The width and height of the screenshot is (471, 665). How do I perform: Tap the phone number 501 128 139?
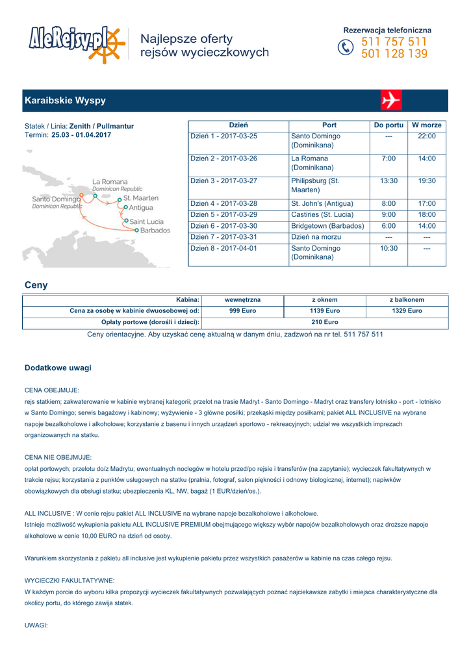click(394, 54)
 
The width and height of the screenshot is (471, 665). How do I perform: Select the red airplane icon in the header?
click(391, 101)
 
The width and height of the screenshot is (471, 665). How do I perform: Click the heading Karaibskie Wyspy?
click(65, 101)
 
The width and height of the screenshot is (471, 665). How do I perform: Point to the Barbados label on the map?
click(155, 231)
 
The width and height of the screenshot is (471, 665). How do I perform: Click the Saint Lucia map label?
click(146, 222)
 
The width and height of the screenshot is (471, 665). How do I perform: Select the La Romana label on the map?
click(110, 182)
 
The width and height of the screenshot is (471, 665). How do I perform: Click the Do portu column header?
click(388, 125)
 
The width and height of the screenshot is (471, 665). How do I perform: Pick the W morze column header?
click(427, 125)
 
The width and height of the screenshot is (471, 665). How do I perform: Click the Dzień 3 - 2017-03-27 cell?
click(223, 181)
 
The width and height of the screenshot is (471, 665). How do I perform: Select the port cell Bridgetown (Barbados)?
click(327, 226)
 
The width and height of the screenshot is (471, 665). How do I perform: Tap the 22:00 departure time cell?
click(427, 136)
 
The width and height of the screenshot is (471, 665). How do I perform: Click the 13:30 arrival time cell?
click(388, 181)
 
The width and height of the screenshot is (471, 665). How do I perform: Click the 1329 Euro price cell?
click(407, 311)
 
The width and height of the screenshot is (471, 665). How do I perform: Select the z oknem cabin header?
click(325, 300)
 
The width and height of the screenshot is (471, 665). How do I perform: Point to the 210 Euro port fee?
click(325, 322)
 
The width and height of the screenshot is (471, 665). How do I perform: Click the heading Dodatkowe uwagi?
click(58, 368)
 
